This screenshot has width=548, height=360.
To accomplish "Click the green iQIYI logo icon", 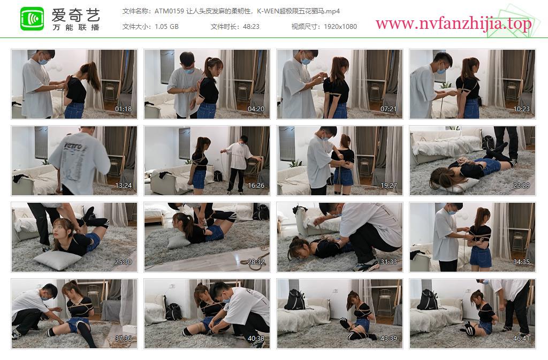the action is click(32, 19).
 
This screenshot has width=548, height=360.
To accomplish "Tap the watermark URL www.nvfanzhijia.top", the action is click(453, 24).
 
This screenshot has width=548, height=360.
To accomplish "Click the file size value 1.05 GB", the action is click(166, 27).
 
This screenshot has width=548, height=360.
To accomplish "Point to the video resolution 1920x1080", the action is click(340, 27).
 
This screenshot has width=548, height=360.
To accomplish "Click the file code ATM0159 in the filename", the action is click(169, 11).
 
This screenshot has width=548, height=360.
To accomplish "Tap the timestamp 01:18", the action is click(124, 109).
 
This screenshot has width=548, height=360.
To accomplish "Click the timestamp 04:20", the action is click(256, 109).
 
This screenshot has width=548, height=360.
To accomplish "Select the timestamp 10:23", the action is click(521, 109).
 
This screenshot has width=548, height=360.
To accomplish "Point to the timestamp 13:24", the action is click(124, 186).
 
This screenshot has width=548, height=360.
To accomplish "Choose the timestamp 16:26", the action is click(256, 186).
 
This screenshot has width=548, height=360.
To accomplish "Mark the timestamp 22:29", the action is click(521, 186).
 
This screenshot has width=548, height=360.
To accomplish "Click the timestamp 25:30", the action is click(124, 262).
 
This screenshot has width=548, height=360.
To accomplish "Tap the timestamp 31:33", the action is click(389, 262).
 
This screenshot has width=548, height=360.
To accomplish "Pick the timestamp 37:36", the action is click(124, 339).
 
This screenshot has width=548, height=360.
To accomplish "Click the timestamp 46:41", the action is click(521, 339).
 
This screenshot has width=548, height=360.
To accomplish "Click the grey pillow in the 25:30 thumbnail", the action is click(57, 260).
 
